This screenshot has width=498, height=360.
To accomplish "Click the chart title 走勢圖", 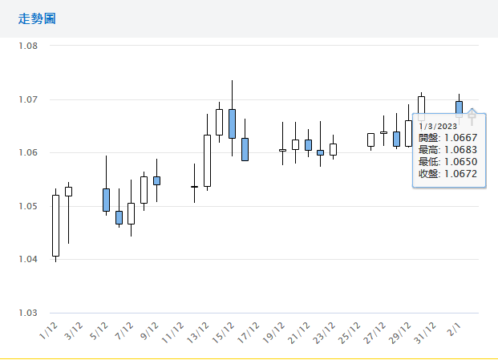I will pyautogui.click(x=37, y=18).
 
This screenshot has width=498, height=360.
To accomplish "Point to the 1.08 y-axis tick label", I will pyautogui.click(x=28, y=46).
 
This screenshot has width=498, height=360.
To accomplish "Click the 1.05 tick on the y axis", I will pyautogui.click(x=28, y=206).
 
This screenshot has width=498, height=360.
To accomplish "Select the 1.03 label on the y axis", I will pyautogui.click(x=28, y=313).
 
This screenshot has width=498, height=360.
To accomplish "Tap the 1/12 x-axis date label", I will pyautogui.click(x=49, y=330).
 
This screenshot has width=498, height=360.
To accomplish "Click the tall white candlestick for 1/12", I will pyautogui.click(x=55, y=225).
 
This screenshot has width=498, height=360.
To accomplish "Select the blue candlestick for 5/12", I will pyautogui.click(x=106, y=200).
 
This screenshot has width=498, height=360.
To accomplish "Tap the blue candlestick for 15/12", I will pyautogui.click(x=232, y=123).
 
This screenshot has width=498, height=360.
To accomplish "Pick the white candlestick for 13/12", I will pyautogui.click(x=207, y=160).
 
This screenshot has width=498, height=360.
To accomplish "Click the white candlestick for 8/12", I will pyautogui.click(x=144, y=189).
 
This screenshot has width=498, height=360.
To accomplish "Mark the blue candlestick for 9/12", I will pyautogui.click(x=156, y=180).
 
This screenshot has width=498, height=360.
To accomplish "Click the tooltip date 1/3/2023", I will pyautogui.click(x=437, y=127).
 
